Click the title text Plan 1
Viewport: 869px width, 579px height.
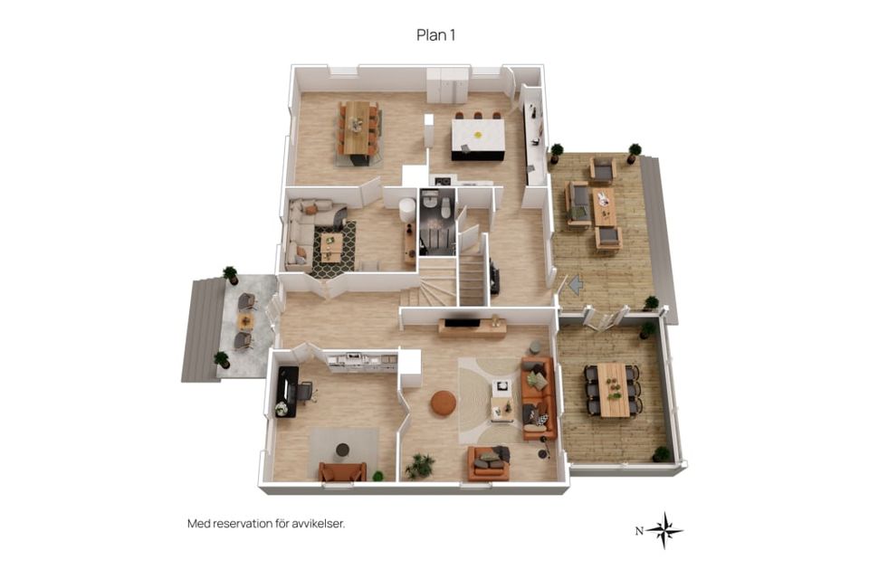tap(435, 35)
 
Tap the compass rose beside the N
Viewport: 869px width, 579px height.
tap(664, 530)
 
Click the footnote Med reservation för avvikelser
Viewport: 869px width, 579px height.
tap(266, 524)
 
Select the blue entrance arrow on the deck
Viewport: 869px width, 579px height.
tap(577, 285)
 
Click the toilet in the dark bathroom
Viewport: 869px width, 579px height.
tap(444, 208)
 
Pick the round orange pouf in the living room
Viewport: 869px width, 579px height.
tap(444, 403)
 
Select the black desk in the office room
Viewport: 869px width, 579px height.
tap(288, 392)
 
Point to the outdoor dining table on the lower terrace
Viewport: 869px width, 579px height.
tap(613, 390)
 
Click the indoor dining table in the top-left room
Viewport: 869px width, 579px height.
tap(358, 128)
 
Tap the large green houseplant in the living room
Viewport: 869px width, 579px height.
tap(419, 466)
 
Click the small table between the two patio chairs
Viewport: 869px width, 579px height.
tap(244, 321)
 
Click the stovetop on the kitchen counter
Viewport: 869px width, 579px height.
tap(442, 181)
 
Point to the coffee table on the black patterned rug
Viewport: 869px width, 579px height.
tap(332, 247)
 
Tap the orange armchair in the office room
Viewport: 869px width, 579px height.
tap(342, 471)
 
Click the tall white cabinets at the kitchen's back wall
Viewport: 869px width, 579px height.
tap(447, 86)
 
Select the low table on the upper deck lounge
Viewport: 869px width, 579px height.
tap(604, 206)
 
